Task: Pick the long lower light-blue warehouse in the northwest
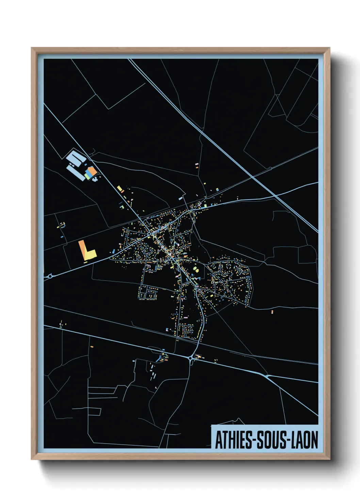[76, 173]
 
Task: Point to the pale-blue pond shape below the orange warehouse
[95, 178]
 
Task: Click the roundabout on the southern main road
[190, 358]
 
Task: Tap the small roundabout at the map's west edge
[50, 277]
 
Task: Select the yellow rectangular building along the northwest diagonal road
[119, 189]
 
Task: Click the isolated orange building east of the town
[272, 312]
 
